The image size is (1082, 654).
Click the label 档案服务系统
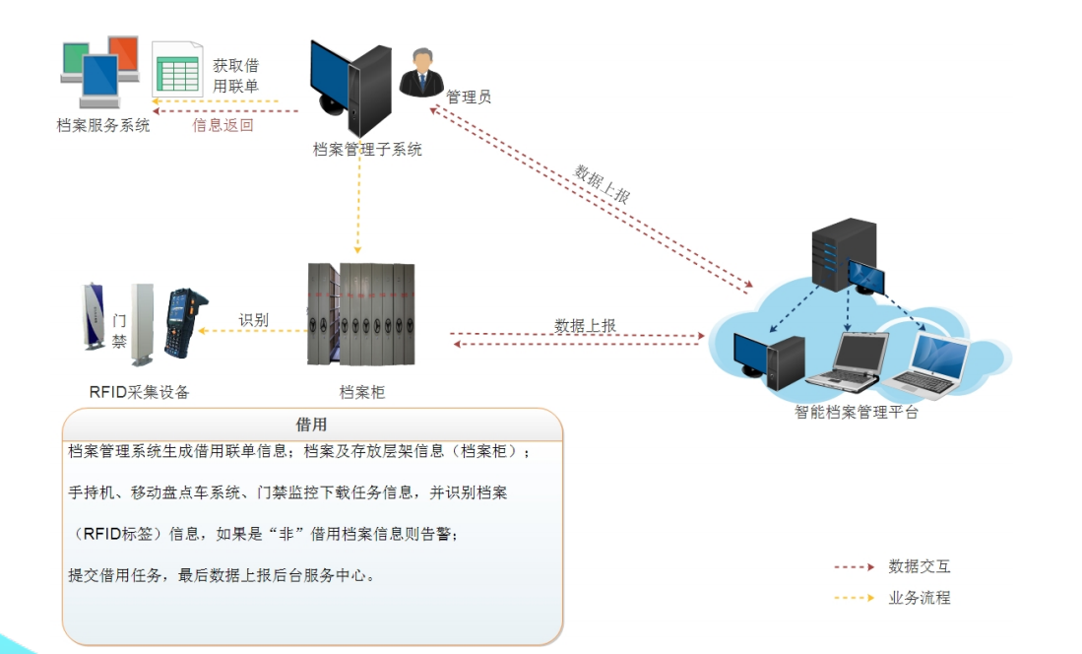point(103,125)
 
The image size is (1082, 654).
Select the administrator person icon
point(421,72)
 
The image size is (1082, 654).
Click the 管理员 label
point(469,97)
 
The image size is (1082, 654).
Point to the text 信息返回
point(223,125)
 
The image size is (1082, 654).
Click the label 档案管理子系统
point(367,150)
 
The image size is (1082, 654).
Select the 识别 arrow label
point(253,320)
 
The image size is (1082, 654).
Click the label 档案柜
point(362,391)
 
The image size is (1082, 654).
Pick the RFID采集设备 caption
point(140,392)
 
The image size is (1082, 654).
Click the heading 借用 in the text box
point(311,425)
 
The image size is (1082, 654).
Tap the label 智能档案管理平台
point(857,413)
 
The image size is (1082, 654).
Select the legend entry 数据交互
point(920,566)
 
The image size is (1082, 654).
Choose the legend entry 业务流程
point(920,597)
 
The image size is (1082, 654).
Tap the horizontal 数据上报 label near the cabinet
point(585,325)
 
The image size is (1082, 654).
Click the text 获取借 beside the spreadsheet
point(235,66)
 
